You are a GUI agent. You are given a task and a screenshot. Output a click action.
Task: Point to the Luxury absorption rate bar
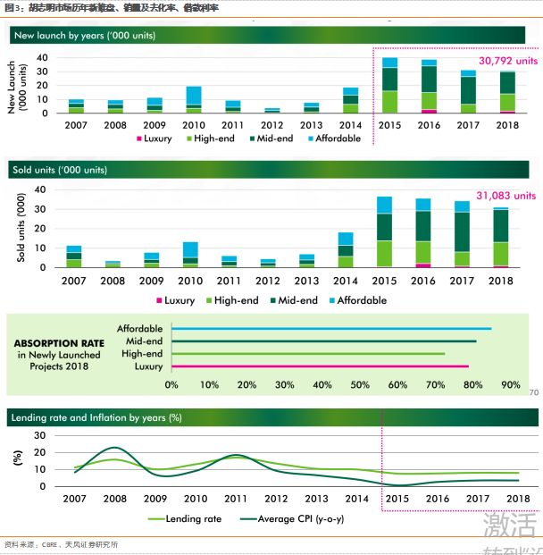click(319, 366)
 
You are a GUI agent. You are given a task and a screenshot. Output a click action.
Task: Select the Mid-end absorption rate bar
click(323, 341)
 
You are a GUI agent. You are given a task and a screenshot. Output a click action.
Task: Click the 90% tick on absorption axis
click(511, 384)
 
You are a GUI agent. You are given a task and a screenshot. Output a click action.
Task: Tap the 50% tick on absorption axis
click(360, 384)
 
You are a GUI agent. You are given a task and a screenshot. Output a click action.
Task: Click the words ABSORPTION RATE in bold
click(60, 341)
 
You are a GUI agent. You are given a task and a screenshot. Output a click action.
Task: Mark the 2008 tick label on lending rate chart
click(114, 498)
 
